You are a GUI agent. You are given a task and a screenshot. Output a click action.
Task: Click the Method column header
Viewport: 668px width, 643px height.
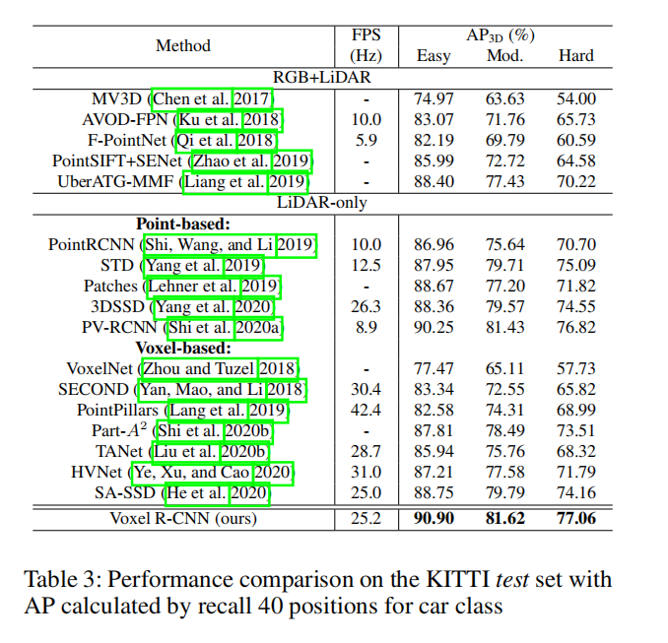[183, 45]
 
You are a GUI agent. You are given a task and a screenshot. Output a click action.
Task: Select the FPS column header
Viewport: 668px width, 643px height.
[366, 45]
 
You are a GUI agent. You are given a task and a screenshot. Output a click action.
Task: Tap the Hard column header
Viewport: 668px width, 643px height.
[575, 55]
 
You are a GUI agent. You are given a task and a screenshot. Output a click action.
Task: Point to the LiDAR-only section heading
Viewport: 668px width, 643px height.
[321, 203]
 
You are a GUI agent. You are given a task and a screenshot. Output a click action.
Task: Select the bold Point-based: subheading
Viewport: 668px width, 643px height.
[183, 224]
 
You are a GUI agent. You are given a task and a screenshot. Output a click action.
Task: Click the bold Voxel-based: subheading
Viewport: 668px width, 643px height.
[183, 348]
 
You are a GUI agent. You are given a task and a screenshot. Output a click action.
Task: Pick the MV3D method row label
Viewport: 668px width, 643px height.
[115, 98]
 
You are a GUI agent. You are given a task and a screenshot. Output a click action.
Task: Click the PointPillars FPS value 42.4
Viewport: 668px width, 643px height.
[366, 411]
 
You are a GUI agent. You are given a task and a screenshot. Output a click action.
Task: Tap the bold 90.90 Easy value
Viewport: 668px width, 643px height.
[434, 517]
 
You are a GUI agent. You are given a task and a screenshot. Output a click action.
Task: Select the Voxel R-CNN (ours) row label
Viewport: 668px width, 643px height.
[183, 517]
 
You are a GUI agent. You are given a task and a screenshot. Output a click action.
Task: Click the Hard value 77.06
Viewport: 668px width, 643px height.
[575, 517]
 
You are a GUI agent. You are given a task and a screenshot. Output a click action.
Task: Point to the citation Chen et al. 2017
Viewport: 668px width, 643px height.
[211, 98]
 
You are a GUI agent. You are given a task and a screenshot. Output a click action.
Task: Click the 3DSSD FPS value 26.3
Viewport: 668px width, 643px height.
[366, 307]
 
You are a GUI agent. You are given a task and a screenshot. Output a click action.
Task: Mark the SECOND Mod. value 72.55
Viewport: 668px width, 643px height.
[504, 390]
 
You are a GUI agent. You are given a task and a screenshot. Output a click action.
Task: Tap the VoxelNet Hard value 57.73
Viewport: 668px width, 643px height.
[575, 369]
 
